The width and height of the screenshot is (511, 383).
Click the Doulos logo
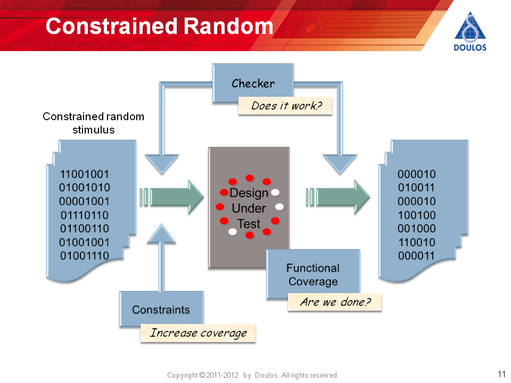click(x=470, y=31)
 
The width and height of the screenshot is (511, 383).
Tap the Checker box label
click(x=253, y=84)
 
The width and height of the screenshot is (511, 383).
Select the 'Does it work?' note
click(x=285, y=106)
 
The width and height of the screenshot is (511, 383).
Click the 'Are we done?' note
click(x=335, y=302)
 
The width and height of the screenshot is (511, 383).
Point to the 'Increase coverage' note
click(x=198, y=333)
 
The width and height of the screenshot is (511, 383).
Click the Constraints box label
click(x=161, y=310)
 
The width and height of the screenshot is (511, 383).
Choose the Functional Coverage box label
click(x=313, y=274)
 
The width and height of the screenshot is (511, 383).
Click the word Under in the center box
click(x=249, y=209)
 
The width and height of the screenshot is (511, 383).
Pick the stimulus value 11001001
click(x=85, y=174)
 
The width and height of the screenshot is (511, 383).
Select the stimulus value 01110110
click(x=85, y=215)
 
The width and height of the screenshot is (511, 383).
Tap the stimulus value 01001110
click(x=85, y=256)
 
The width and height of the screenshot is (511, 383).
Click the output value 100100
click(x=416, y=215)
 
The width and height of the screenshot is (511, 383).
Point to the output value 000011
click(x=416, y=256)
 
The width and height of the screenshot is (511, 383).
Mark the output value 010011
click(x=416, y=188)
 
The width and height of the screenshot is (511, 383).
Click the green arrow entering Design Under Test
click(x=172, y=197)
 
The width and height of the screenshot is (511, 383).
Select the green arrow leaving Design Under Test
click(x=338, y=197)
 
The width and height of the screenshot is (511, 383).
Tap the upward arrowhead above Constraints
click(x=161, y=234)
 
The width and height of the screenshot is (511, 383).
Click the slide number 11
click(x=501, y=374)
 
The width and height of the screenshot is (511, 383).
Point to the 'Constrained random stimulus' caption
click(x=94, y=123)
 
